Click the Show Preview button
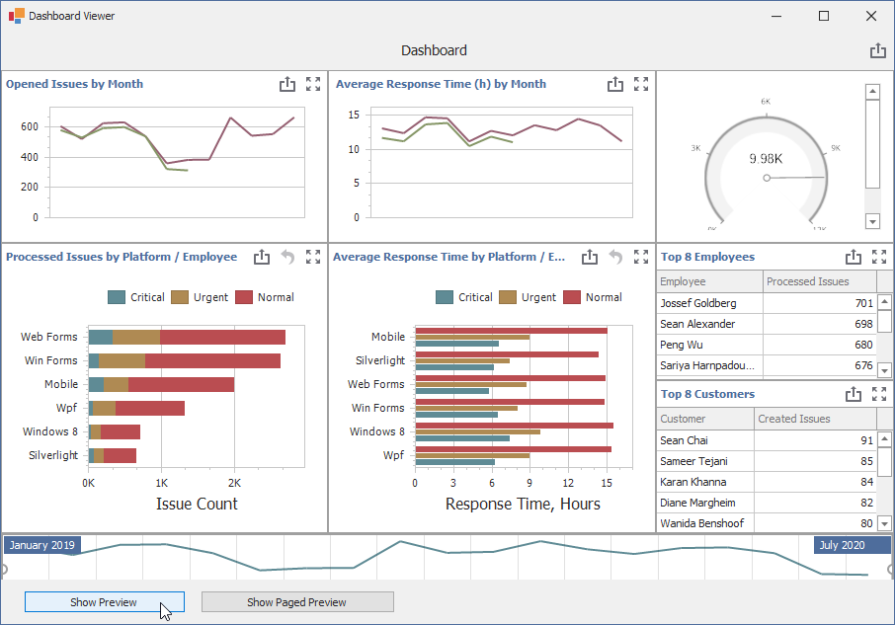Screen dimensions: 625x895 [104, 602]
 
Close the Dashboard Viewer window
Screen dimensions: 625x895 [871, 16]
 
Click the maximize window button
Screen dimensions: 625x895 [824, 16]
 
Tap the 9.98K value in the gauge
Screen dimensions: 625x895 [766, 158]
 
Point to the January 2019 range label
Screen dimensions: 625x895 [42, 545]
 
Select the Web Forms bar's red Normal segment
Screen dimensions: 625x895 [222, 338]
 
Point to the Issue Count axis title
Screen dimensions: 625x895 [197, 504]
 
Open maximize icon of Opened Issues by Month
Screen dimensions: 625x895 [313, 84]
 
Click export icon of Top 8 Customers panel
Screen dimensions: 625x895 [854, 394]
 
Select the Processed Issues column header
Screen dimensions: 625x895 [807, 281]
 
